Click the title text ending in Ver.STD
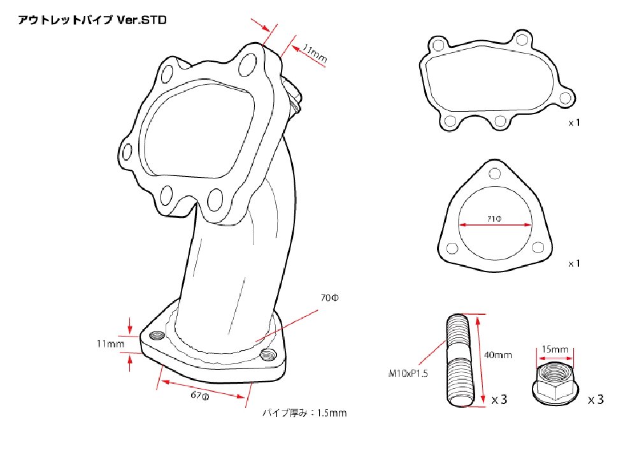click(92, 20)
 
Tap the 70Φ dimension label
click(329, 298)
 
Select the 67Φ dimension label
click(200, 395)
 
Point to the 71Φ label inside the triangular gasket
click(494, 219)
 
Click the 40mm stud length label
click(498, 355)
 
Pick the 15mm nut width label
click(555, 349)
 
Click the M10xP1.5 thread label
click(408, 373)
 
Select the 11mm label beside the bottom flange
click(110, 344)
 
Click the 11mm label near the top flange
click(315, 54)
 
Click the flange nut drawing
click(555, 382)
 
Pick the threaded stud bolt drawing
click(459, 360)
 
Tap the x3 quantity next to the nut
click(596, 400)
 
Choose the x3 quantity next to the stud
click(499, 400)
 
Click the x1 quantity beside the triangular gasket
click(574, 264)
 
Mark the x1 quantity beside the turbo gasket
click(574, 122)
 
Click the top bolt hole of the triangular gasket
click(495, 173)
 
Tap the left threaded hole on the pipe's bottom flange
click(157, 335)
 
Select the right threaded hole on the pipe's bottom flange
click(268, 355)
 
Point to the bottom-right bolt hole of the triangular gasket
click(538, 247)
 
